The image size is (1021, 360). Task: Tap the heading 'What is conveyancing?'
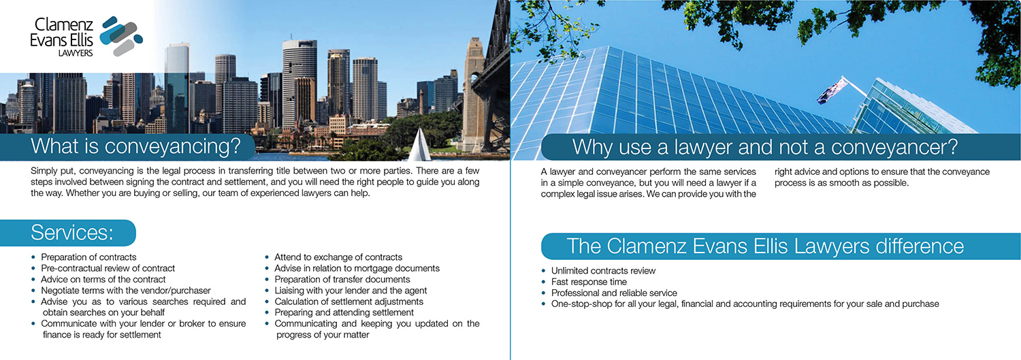point(136,147)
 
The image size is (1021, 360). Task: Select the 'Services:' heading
point(72,233)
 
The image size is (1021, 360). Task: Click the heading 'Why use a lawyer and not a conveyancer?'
point(765,147)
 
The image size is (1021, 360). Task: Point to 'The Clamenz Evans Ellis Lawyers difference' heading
point(765,246)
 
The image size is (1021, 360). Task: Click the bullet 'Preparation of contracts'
point(88,257)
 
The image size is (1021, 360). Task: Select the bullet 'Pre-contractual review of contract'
point(108,268)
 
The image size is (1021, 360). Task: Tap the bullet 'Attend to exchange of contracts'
point(338,257)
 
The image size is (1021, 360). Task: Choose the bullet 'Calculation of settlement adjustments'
point(349,301)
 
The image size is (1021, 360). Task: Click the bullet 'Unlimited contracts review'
point(603,271)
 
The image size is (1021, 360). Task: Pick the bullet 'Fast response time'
point(589,282)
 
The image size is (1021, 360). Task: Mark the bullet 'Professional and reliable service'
point(614,293)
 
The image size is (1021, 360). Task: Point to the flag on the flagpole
point(830,91)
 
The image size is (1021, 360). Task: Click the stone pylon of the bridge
point(474,88)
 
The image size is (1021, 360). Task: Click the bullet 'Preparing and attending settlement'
point(344,312)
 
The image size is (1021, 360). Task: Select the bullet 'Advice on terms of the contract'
point(103,279)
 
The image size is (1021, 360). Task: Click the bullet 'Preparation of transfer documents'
point(342,279)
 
